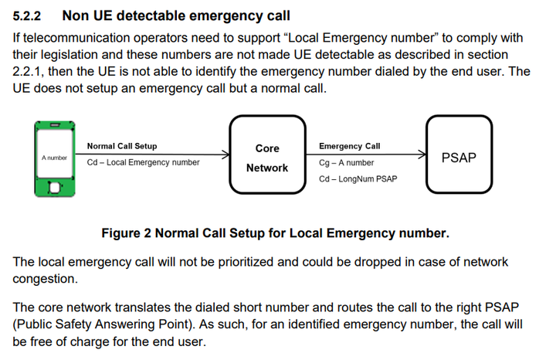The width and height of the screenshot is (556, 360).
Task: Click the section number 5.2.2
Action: [26, 16]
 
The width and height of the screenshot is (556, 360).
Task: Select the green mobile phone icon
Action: [55, 159]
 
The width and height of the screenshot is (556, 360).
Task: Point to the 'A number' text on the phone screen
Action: [54, 158]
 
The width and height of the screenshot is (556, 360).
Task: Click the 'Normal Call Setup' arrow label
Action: [122, 146]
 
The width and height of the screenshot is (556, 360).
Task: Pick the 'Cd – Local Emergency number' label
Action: [144, 162]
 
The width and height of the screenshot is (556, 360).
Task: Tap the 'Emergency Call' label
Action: [350, 146]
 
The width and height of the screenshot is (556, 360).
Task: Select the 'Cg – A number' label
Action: [347, 163]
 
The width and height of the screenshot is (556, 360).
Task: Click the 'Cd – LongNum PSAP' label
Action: [358, 179]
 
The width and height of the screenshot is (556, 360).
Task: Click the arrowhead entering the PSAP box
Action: [422, 155]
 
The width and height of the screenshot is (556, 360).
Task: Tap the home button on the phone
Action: [55, 187]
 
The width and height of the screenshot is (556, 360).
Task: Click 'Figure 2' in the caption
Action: [126, 233]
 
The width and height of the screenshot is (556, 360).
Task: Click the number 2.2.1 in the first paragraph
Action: [27, 71]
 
